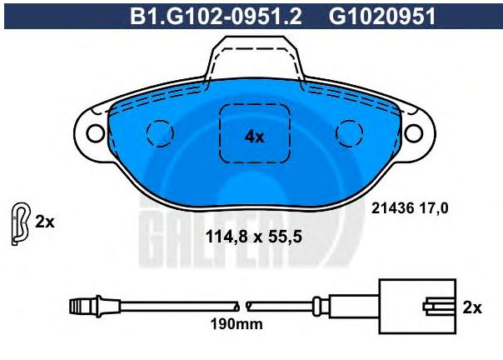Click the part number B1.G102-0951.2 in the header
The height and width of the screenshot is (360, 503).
pos(216,16)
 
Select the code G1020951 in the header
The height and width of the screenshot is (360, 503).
pos(382,16)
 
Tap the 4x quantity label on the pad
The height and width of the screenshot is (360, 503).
pos(254,137)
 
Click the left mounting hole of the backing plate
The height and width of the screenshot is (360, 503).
pos(95,133)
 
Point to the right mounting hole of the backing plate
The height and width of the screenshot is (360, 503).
pos(414,133)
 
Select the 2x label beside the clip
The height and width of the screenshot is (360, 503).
pos(45,222)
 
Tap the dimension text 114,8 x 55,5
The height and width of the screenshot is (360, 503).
pos(253,237)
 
